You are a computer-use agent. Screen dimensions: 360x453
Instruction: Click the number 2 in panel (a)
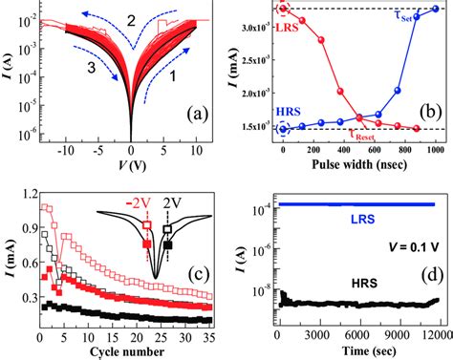(132, 20)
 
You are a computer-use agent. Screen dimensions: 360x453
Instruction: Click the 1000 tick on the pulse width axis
(436, 149)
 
